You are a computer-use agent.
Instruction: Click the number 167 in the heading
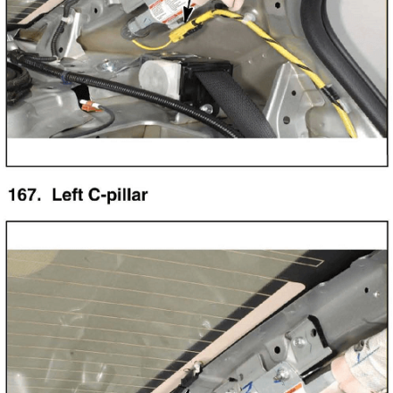tap(24, 195)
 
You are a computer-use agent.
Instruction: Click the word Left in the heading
tap(67, 195)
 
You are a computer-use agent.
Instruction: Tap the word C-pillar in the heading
tap(118, 196)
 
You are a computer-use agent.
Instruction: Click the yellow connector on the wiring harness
tap(185, 31)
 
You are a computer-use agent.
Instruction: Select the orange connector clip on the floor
tap(90, 106)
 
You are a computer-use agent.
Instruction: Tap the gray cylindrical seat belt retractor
tap(160, 78)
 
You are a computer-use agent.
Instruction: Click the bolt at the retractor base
tap(207, 109)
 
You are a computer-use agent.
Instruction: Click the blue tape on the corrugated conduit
tap(65, 79)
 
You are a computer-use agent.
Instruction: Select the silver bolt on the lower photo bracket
tap(298, 342)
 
